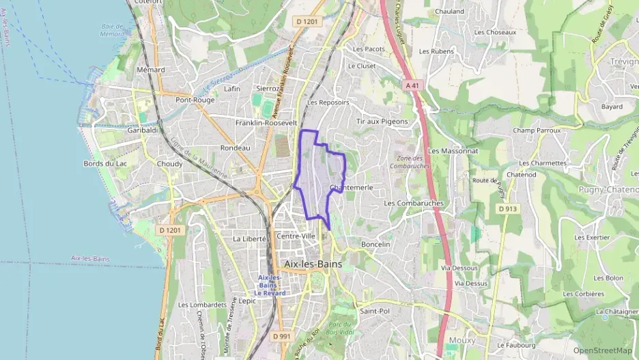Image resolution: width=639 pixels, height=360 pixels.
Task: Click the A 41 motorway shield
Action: point(411,85)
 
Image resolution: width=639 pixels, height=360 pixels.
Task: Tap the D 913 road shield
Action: point(507,208)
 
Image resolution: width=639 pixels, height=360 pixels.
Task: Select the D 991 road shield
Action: point(281,336)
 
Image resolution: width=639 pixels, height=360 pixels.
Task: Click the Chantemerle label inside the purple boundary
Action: point(350,187)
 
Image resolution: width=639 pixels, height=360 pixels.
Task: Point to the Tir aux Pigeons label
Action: point(382,121)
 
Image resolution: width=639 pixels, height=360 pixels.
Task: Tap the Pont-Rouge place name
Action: point(195,100)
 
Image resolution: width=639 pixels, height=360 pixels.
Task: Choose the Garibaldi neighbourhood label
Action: point(143,130)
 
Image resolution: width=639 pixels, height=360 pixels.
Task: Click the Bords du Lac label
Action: point(104,164)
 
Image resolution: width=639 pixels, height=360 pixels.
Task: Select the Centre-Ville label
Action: point(296,236)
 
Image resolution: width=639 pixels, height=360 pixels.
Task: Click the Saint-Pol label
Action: point(373,311)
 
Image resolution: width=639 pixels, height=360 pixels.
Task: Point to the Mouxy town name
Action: point(462,340)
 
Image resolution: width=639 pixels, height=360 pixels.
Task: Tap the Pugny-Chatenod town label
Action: point(608,189)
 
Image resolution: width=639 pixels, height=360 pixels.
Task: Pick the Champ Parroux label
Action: point(536,130)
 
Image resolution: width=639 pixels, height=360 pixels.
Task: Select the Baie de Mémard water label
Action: point(111,30)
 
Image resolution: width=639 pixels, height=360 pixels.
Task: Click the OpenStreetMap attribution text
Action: point(602,350)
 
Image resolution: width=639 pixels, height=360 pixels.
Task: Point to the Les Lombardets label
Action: point(202,305)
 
